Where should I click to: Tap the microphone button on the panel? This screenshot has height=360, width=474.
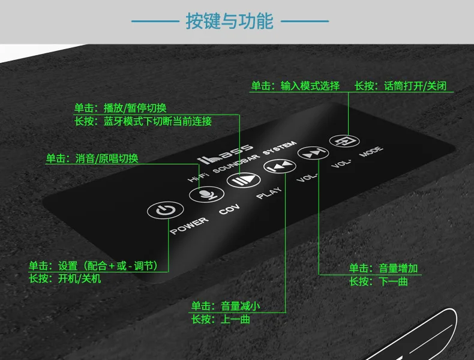pos(202,194)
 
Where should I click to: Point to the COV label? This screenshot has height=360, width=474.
pos(229,211)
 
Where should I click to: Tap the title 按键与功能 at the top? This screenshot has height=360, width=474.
pos(229,22)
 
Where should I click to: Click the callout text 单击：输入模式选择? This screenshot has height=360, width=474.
pos(295,86)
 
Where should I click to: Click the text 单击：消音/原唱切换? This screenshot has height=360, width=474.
pos(92,159)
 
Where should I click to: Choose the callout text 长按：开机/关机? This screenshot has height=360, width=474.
pos(65,278)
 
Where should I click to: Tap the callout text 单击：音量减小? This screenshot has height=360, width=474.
pos(226,306)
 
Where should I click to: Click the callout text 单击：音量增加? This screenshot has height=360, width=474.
pos(383,268)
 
